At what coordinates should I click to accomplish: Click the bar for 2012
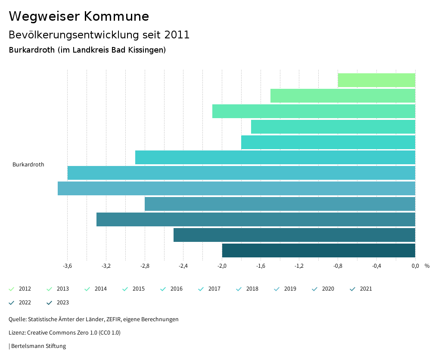376,80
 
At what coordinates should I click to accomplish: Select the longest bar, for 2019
236,188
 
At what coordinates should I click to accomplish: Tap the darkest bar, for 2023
319,250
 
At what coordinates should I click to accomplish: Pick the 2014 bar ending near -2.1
314,111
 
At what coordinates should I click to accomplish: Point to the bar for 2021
256,219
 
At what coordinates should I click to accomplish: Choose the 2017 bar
275,157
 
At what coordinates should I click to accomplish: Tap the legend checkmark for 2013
50,289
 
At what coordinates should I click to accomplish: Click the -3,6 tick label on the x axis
67,266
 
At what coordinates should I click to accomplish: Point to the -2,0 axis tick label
222,266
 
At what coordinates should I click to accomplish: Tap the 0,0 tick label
415,266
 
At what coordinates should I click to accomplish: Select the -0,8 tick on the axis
338,266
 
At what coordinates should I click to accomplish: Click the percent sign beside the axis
427,266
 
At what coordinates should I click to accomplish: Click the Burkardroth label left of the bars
28,165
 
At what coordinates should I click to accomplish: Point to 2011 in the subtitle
177,35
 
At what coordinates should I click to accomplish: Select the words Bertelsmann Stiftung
38,346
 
